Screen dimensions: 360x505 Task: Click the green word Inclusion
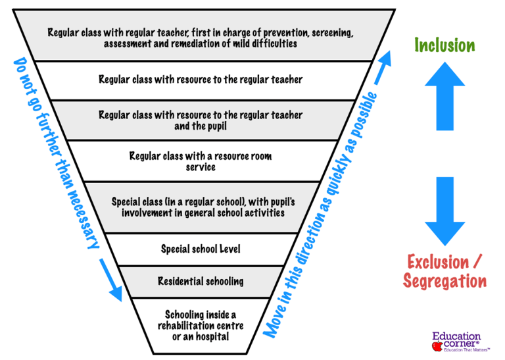[445, 45]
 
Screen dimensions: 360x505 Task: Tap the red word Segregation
[445, 282]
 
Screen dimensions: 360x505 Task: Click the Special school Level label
[201, 249]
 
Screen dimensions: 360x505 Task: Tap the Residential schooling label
[201, 281]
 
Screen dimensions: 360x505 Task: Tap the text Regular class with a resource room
[201, 156]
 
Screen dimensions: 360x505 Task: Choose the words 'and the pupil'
[201, 126]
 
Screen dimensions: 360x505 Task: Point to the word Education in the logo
[456, 336]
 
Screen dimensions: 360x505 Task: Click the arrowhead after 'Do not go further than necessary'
[114, 290]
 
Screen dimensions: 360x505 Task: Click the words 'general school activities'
[237, 213]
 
